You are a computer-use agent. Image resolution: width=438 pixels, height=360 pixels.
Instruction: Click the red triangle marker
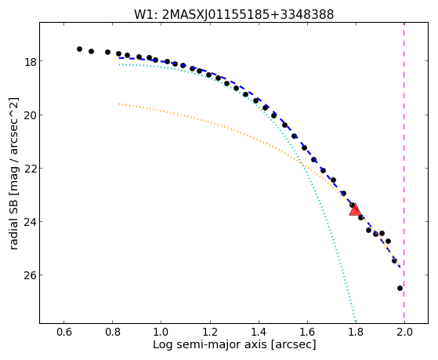click(x=355, y=209)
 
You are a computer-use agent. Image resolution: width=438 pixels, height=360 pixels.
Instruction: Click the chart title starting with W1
click(x=233, y=14)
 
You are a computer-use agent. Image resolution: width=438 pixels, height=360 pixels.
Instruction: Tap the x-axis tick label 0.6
click(x=63, y=332)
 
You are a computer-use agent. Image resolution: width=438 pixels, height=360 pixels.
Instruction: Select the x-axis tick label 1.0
click(x=161, y=332)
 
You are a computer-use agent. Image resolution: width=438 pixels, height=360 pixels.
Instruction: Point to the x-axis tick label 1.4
click(x=259, y=332)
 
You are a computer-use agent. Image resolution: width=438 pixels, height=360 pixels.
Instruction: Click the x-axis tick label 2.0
click(x=404, y=332)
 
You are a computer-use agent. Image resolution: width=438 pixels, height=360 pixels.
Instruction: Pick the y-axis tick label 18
click(x=30, y=61)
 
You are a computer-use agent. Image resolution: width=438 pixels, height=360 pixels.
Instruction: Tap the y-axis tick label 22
click(x=30, y=169)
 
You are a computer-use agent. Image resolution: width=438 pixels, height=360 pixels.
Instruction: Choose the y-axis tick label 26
click(x=30, y=275)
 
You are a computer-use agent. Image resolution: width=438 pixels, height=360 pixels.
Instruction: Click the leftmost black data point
click(x=79, y=49)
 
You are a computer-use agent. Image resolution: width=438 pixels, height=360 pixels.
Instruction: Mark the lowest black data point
click(x=400, y=288)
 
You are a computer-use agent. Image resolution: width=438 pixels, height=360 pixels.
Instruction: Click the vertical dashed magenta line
click(x=404, y=173)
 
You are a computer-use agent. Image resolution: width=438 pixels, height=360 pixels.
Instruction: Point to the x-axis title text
click(x=234, y=345)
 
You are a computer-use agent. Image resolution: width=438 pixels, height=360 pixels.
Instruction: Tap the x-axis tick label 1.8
click(x=356, y=332)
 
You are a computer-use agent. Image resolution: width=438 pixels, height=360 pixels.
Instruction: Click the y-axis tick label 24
click(x=30, y=222)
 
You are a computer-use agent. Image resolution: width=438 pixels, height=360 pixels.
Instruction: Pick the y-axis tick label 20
click(x=30, y=115)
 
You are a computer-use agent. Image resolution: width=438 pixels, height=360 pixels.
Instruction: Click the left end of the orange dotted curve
click(x=119, y=104)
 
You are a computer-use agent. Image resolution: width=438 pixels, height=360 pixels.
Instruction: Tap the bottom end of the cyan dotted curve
click(x=355, y=321)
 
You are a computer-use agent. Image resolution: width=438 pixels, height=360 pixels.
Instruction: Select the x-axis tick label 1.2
click(x=210, y=332)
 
